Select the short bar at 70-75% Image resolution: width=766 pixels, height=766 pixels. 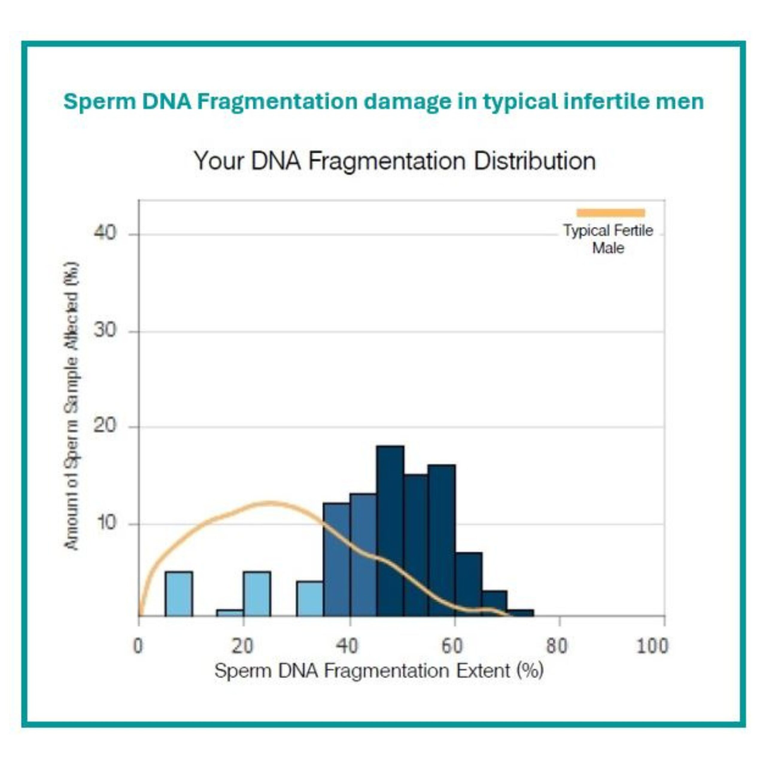click(520, 613)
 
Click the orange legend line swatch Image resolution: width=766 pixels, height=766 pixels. click(611, 213)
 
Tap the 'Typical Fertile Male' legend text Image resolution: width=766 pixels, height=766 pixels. click(608, 239)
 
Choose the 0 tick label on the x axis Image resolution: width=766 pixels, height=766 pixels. click(138, 646)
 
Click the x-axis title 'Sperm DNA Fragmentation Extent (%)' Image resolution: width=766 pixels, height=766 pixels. click(379, 671)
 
